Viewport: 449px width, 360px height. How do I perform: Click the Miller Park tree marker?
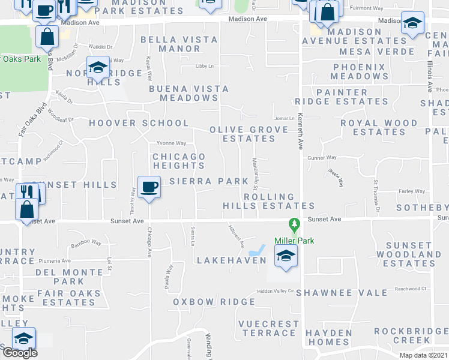click(x=294, y=226)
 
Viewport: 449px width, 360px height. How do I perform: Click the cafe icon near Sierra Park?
click(x=149, y=187)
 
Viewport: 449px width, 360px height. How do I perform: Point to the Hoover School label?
click(x=139, y=123)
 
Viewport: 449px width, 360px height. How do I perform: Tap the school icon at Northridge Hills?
click(x=97, y=68)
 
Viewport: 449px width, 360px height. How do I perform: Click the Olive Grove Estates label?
click(x=242, y=134)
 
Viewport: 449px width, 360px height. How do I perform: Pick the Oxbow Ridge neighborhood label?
click(x=206, y=302)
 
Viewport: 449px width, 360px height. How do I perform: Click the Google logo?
click(x=19, y=353)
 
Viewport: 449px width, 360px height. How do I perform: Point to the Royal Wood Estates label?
click(x=379, y=127)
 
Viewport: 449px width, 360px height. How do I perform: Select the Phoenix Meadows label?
click(x=360, y=71)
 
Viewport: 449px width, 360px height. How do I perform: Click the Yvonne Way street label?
click(x=171, y=143)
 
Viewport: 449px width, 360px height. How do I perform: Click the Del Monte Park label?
click(x=68, y=276)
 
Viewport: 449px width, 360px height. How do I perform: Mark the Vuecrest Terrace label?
click(x=268, y=328)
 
